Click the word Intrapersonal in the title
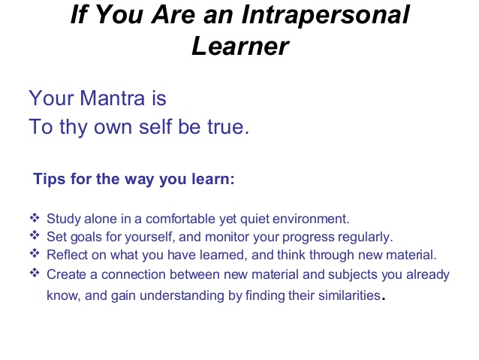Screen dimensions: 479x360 [x=325, y=15]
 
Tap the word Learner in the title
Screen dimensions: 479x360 [x=240, y=46]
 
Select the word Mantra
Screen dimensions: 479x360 [x=112, y=98]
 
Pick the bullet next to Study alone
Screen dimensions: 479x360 [x=35, y=218]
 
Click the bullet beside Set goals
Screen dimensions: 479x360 [x=35, y=235]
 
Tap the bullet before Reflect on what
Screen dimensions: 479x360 [x=35, y=253]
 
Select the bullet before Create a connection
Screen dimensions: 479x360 [x=35, y=273]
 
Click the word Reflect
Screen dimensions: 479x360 [x=67, y=255]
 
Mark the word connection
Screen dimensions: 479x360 [x=133, y=274]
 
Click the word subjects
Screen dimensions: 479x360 [x=353, y=274]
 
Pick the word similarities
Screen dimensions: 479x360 [x=349, y=295]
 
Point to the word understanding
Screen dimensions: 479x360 [x=182, y=296]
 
